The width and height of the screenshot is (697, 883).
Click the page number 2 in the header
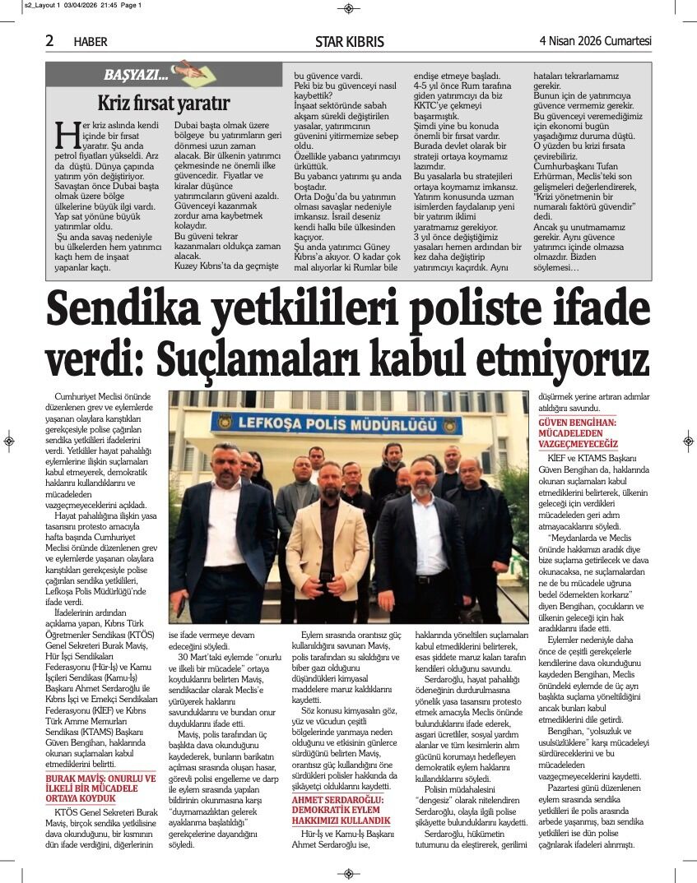[49, 40]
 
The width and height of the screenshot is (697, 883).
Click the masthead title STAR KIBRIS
[349, 41]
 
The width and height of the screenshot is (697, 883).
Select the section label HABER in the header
[91, 42]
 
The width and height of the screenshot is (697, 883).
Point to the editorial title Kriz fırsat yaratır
[163, 104]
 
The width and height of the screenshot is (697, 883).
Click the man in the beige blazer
[328, 543]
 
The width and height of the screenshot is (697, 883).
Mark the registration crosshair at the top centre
[348, 8]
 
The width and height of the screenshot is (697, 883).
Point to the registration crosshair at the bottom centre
[348, 873]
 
